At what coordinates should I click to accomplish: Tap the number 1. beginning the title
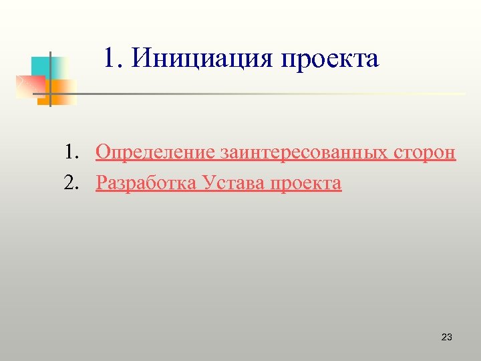[x=114, y=59]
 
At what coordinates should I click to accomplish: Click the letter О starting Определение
[x=102, y=153]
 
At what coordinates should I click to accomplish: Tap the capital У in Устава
[x=208, y=183]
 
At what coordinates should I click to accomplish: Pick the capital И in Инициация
[x=140, y=59]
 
